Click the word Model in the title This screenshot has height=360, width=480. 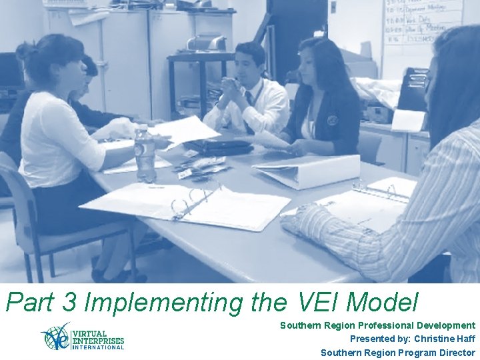pos(382,303)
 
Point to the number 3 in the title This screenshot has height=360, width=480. pos(67,303)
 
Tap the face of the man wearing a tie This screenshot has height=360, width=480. pos(248,65)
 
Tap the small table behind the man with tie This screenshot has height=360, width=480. pos(199,60)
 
